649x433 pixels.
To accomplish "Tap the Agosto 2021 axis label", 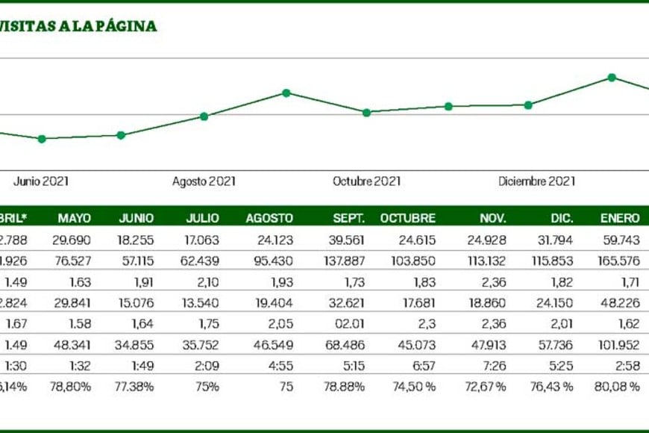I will pos(204,181).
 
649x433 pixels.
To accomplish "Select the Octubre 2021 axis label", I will pos(367,181).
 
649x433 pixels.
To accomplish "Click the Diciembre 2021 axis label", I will pos(537,181).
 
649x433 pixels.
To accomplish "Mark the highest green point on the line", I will pos(612,78).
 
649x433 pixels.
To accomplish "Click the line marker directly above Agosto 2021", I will pos(204,116).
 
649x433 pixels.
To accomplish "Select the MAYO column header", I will pos(75,219).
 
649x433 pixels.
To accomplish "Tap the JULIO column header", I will pos(203,219).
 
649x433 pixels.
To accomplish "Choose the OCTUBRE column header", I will pos(408,219).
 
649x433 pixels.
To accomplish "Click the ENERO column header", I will pos(620,219).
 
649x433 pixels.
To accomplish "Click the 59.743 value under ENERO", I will pos(620,240).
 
